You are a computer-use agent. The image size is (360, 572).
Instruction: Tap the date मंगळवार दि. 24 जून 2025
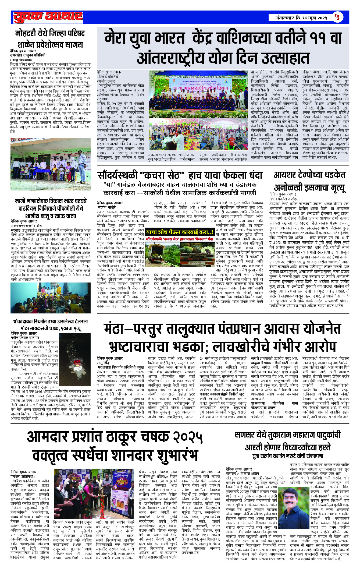[x=301, y=18]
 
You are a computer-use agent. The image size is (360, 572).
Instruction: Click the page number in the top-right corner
[x=337, y=17]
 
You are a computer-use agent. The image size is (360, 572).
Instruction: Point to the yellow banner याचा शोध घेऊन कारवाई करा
[x=180, y=232]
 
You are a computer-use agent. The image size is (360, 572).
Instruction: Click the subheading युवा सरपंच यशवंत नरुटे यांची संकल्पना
[x=287, y=456]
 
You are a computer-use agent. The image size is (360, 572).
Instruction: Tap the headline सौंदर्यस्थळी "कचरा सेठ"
[x=180, y=175]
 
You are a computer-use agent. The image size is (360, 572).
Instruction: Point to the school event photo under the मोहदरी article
[x=51, y=164]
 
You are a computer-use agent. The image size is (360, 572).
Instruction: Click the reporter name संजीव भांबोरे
[x=107, y=207]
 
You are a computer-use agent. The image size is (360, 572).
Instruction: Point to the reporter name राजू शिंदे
[x=103, y=363]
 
